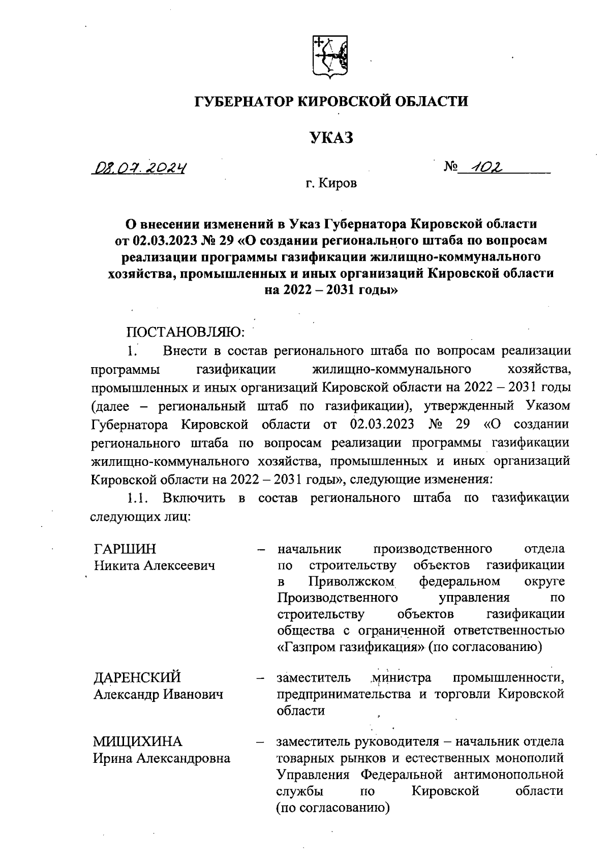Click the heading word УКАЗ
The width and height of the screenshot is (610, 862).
tap(331, 138)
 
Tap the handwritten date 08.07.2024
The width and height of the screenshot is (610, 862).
tap(138, 167)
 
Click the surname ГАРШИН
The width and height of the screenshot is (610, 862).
tap(125, 549)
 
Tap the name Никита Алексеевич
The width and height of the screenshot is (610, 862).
tap(154, 566)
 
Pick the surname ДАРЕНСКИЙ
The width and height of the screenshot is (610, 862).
tap(137, 678)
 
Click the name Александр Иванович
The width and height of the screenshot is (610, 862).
tap(158, 694)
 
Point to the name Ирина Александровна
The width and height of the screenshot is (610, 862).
tap(162, 758)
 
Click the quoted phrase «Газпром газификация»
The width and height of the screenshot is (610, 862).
tap(351, 647)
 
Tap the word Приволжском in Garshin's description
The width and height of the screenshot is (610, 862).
tap(351, 581)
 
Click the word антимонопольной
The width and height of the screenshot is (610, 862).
tap(508, 775)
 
